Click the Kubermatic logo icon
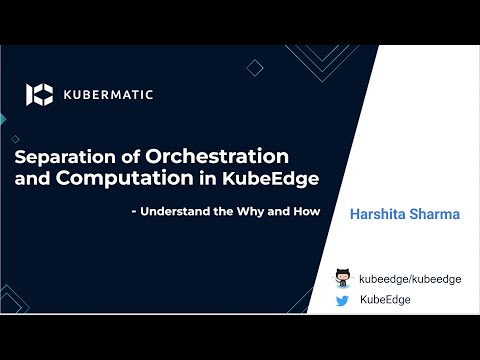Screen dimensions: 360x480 [x=39, y=95]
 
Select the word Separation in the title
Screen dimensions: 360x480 [x=62, y=158]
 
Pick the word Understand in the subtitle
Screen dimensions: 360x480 [x=179, y=212]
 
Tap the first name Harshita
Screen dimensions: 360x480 [x=379, y=215]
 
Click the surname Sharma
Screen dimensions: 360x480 [x=438, y=215]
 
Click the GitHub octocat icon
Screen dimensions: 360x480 [x=345, y=278]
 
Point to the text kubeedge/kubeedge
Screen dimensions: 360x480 [x=410, y=279]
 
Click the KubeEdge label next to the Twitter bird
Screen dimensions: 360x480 [x=385, y=299]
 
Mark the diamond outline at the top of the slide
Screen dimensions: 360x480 [x=255, y=68]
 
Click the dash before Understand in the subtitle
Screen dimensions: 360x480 [x=134, y=212]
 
